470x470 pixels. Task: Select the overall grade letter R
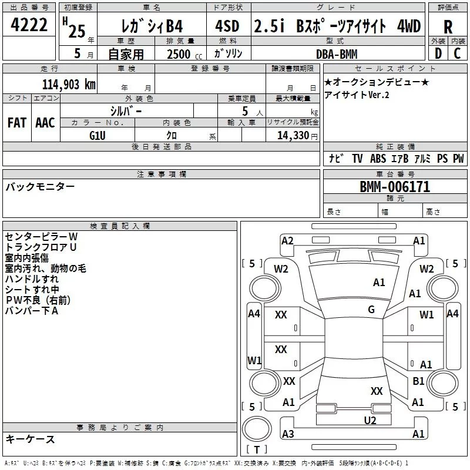pyautogui.click(x=448, y=27)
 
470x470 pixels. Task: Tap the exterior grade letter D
pyautogui.click(x=438, y=53)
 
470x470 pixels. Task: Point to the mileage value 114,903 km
pyautogui.click(x=69, y=84)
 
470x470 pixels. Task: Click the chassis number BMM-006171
pyautogui.click(x=395, y=187)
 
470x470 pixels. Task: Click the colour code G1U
pyautogui.click(x=98, y=135)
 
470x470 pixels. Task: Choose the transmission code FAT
pyautogui.click(x=16, y=123)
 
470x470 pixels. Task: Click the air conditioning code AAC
pyautogui.click(x=45, y=123)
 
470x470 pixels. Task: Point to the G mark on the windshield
pyautogui.click(x=371, y=310)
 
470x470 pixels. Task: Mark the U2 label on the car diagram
pyautogui.click(x=370, y=419)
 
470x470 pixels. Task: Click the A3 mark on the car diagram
pyautogui.click(x=288, y=434)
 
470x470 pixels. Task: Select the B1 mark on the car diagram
pyautogui.click(x=418, y=381)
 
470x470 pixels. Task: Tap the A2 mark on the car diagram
pyautogui.click(x=287, y=240)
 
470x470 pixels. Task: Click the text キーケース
pyautogui.click(x=31, y=439)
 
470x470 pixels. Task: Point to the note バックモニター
pyautogui.click(x=40, y=187)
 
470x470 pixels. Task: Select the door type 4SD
pyautogui.click(x=228, y=27)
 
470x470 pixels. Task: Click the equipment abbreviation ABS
pyautogui.click(x=378, y=159)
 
